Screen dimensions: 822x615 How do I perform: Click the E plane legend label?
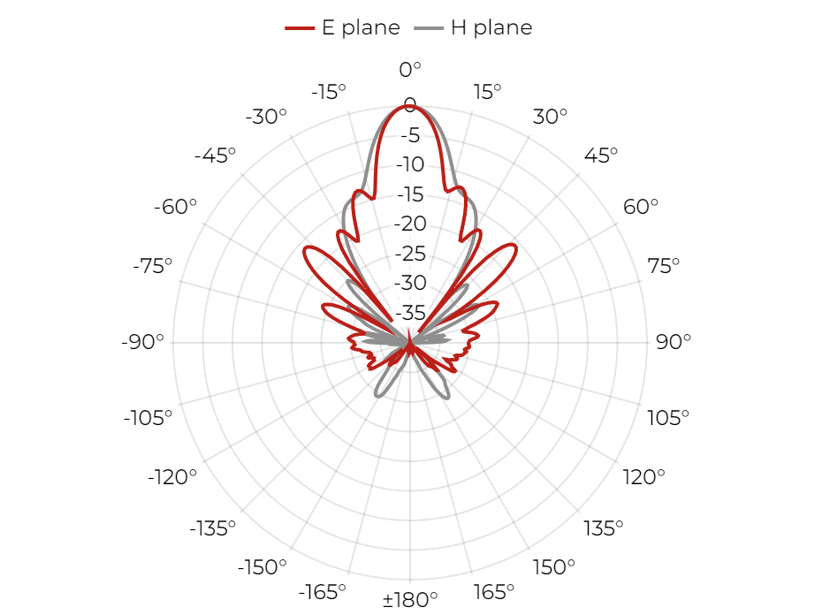[x=361, y=27]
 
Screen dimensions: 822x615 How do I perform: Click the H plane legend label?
[x=491, y=27]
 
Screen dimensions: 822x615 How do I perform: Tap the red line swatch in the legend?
[x=300, y=27]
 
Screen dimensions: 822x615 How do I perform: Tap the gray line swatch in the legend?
[x=429, y=27]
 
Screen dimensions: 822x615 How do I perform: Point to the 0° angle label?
[x=410, y=69]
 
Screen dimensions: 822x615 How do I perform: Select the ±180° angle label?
[x=410, y=599]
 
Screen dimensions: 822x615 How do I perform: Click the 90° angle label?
[x=674, y=342]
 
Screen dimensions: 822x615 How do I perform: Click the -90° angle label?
[x=142, y=342]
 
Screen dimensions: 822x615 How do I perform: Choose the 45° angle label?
[x=601, y=156]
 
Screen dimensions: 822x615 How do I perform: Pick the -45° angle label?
[x=215, y=156]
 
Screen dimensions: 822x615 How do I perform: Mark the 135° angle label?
[x=604, y=528]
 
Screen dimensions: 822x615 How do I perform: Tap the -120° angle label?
[x=172, y=477]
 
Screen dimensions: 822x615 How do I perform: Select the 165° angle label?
[x=493, y=592]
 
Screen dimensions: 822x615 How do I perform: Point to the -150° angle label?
[x=263, y=566]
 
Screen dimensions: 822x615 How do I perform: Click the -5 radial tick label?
[x=410, y=135]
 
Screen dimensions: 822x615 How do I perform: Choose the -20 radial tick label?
[x=410, y=224]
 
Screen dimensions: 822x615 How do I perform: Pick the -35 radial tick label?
[x=410, y=313]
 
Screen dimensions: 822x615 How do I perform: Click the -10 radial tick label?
[x=410, y=164]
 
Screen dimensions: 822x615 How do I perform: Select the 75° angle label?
[x=663, y=266]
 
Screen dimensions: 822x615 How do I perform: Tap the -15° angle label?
[x=329, y=92]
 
